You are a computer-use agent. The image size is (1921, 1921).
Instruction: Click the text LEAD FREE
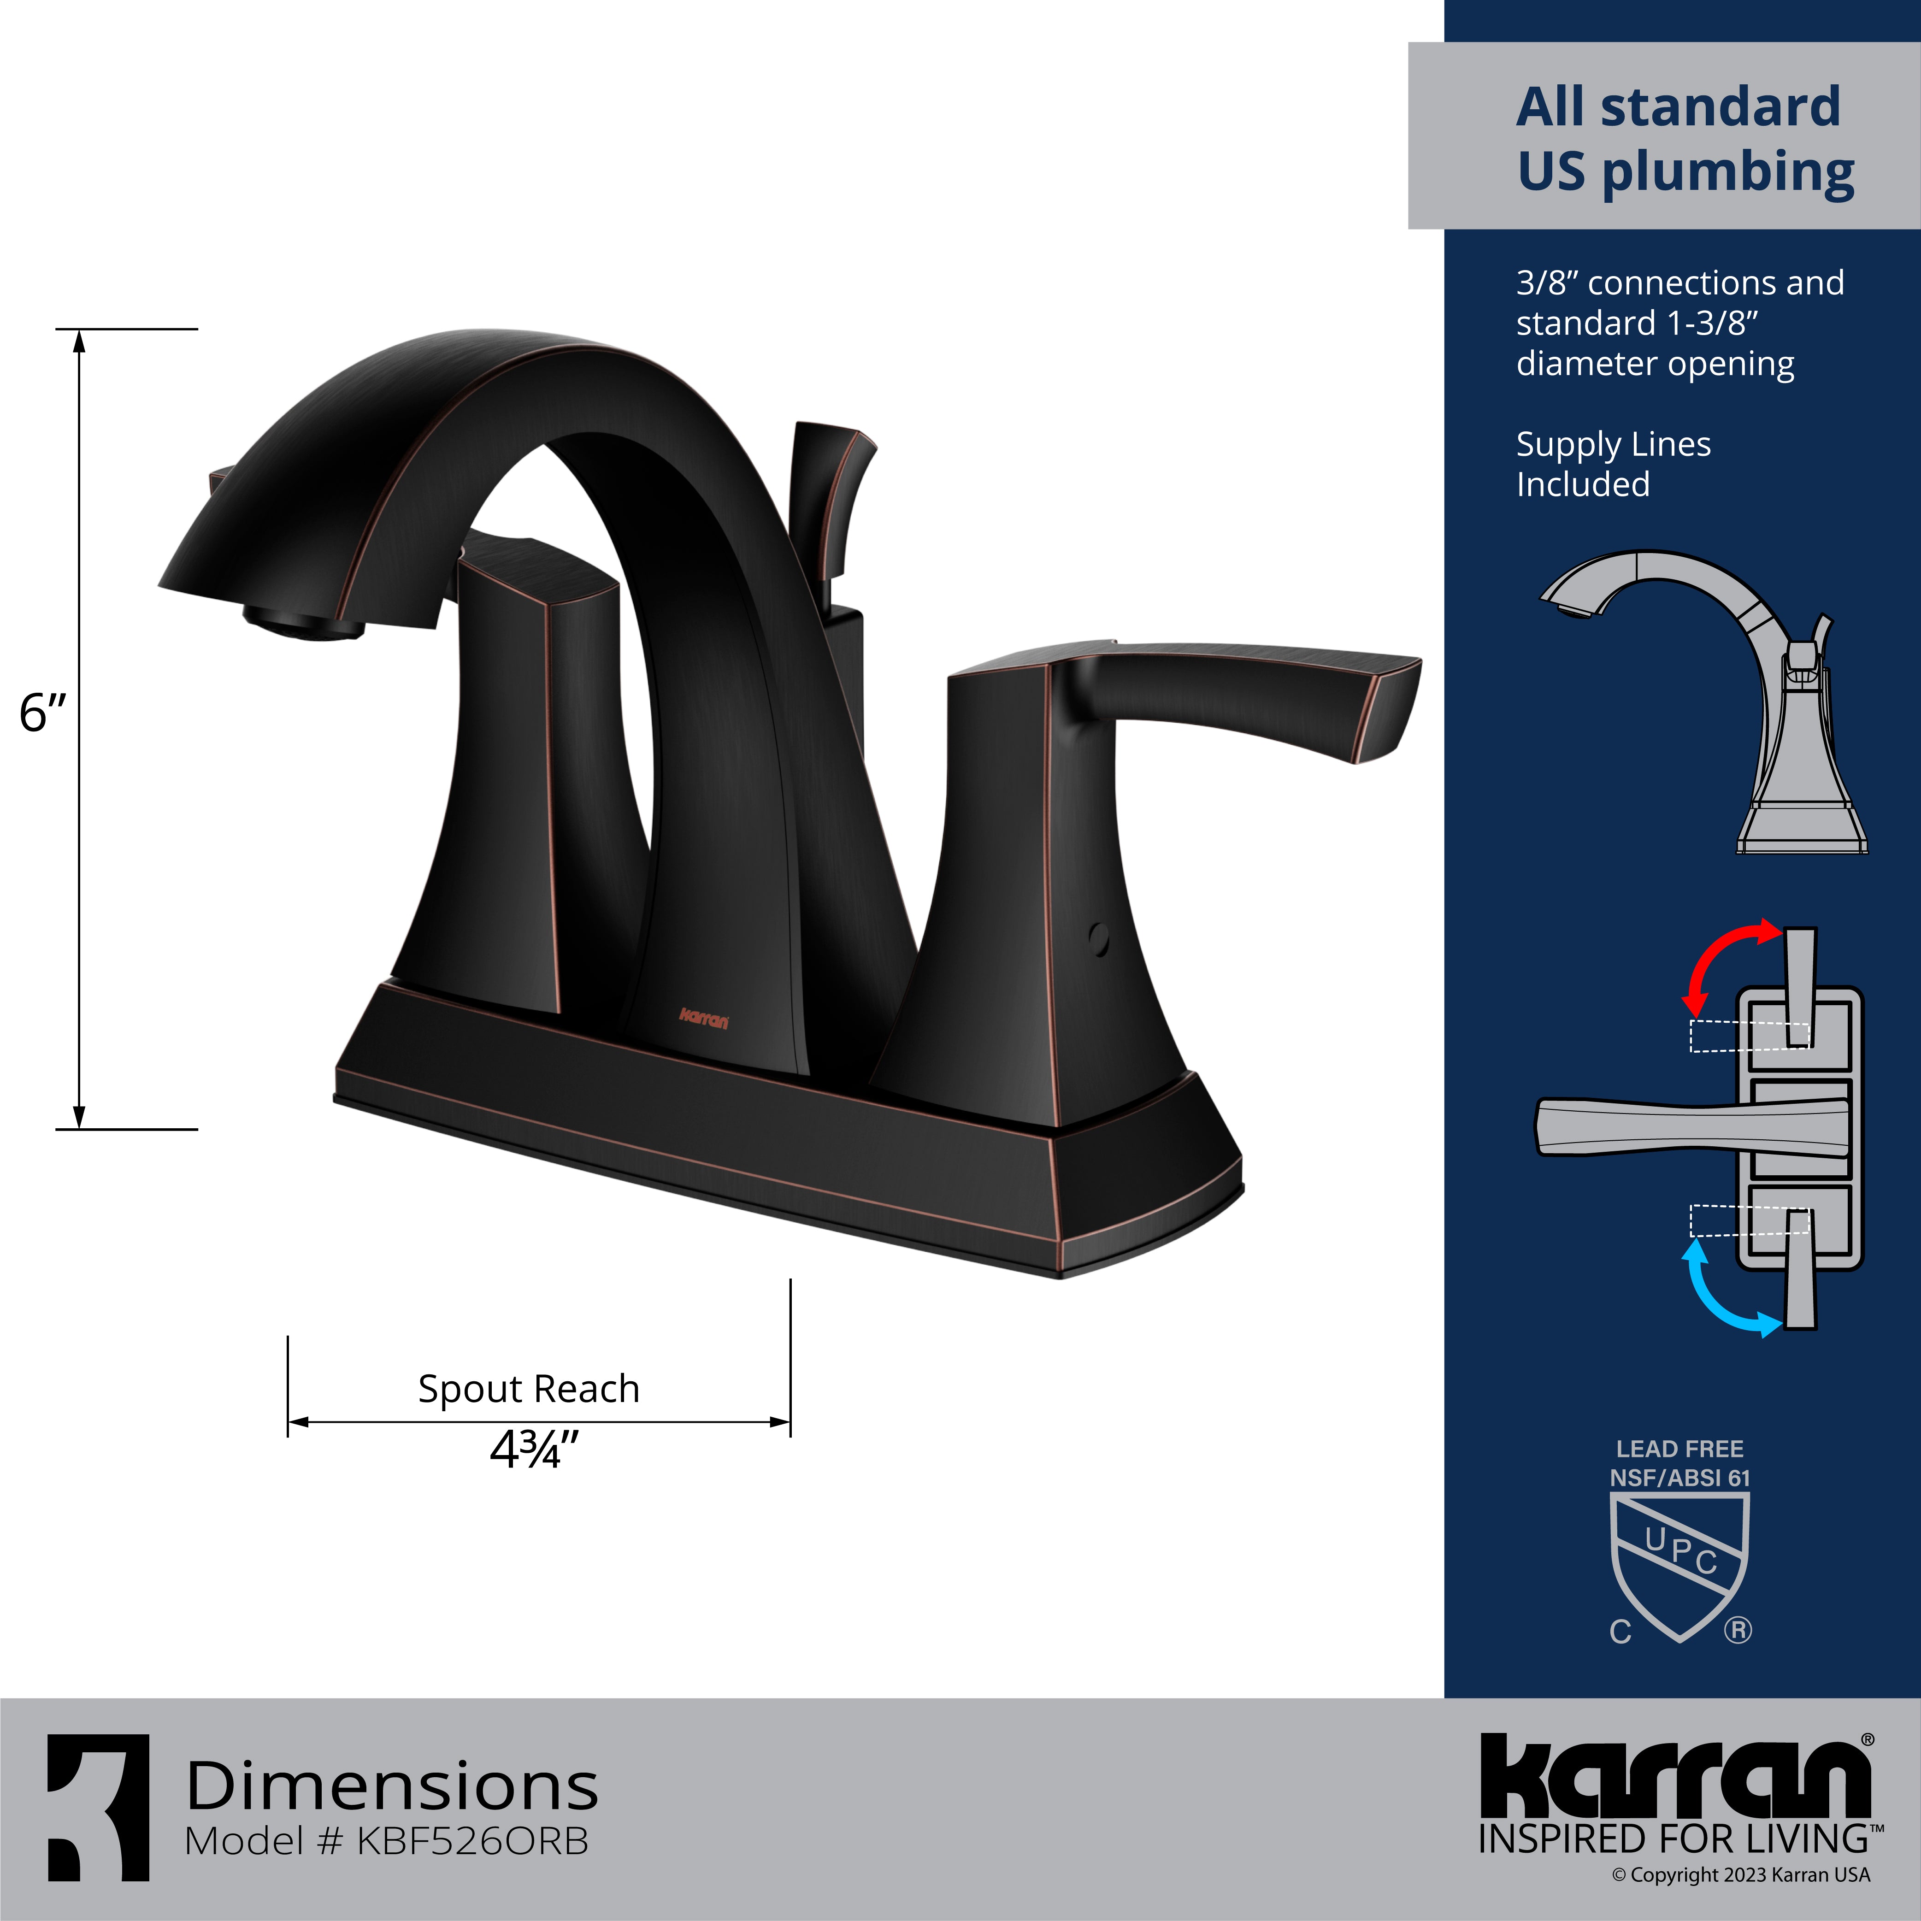tap(1679, 1449)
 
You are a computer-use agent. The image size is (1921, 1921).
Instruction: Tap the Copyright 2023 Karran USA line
tap(1741, 1875)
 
